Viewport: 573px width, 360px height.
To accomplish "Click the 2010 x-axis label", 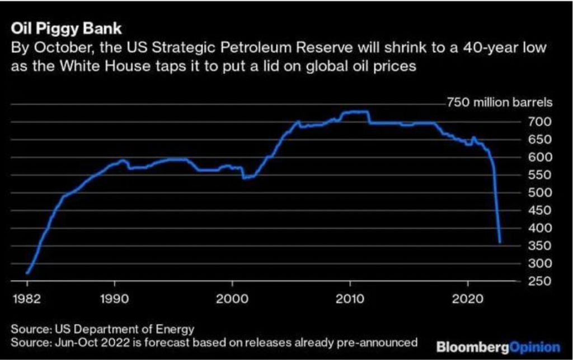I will point(350,297).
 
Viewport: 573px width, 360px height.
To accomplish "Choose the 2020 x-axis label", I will point(467,297).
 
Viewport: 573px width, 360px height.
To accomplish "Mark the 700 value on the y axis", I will point(538,121).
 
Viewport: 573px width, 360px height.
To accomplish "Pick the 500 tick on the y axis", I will point(538,193).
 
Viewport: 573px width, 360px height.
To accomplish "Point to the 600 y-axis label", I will point(538,157).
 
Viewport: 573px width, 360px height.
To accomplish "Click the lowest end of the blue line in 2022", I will point(500,242).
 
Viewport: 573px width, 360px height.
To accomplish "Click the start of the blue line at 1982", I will point(27,273).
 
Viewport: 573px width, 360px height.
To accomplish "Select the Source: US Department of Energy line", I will point(102,328).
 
